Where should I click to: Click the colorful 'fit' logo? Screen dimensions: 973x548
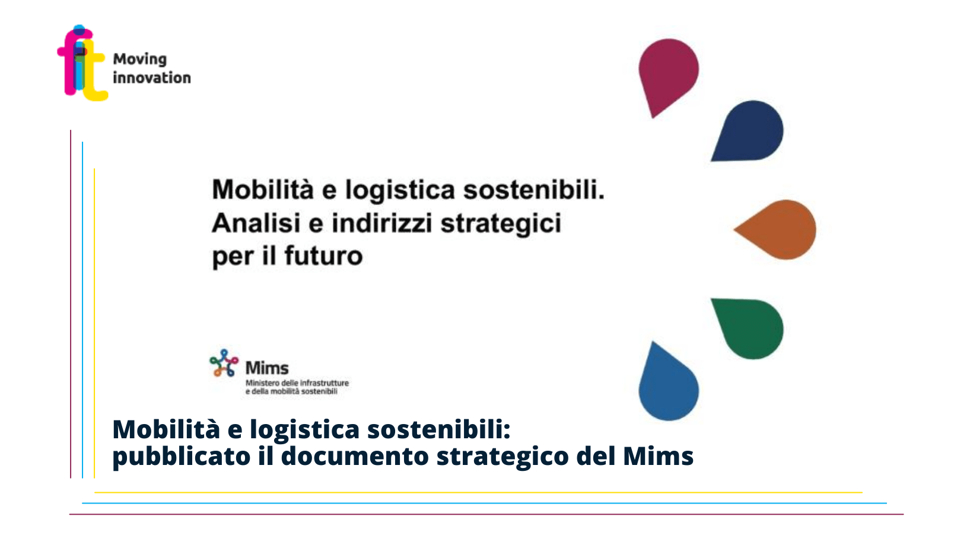pos(82,63)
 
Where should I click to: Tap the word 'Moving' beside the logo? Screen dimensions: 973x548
pos(140,59)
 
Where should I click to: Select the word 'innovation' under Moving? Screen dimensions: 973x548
pos(152,78)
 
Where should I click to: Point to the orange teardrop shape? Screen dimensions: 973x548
pos(775,230)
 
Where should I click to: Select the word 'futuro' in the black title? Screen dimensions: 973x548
pos(323,256)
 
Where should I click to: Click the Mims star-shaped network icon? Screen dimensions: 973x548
pos(224,363)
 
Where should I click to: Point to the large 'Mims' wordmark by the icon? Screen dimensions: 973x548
pos(267,368)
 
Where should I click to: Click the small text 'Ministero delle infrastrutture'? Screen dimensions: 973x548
pos(297,383)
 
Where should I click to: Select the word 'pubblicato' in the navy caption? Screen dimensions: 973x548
pos(181,457)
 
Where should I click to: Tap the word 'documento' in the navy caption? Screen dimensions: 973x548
pos(355,456)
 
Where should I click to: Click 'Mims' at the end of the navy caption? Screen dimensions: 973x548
pos(658,456)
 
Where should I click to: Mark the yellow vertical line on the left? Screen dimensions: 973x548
pos(94,323)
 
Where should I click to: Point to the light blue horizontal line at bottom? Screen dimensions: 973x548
pos(484,504)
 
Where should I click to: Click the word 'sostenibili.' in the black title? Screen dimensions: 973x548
pos(534,190)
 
